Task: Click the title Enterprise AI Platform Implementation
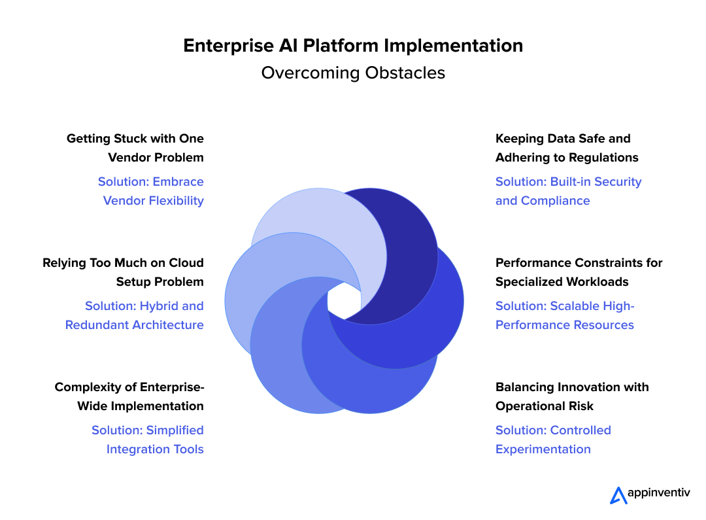click(353, 46)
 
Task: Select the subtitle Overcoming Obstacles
click(353, 73)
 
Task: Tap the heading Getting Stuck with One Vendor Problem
click(135, 148)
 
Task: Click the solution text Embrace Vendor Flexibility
click(151, 191)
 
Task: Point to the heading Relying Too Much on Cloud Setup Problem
click(124, 272)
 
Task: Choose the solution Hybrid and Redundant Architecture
click(135, 315)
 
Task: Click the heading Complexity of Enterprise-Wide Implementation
click(129, 396)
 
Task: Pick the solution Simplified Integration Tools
click(148, 440)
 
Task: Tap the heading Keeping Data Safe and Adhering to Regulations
click(567, 148)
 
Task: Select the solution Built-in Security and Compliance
click(569, 191)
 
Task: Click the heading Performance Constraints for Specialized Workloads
click(579, 272)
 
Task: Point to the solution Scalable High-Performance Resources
click(565, 315)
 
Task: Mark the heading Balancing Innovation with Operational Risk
click(572, 396)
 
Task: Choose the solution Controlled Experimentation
click(553, 440)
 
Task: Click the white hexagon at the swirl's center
click(344, 301)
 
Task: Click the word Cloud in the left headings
click(188, 263)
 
